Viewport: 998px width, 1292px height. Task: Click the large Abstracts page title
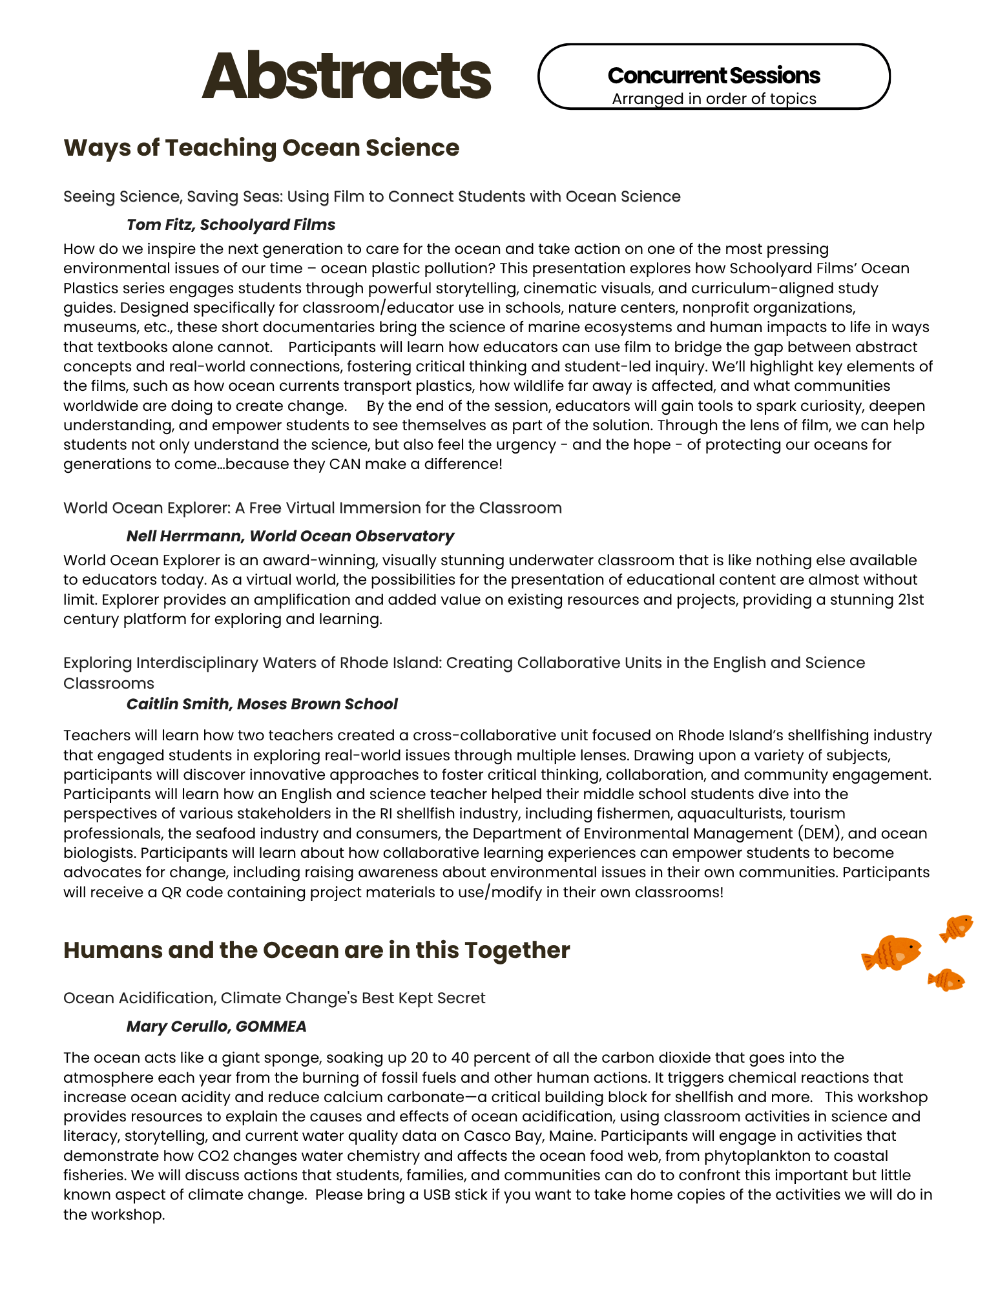tap(346, 76)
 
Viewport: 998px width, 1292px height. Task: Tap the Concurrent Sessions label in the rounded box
tap(714, 76)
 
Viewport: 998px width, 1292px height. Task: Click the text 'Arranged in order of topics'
tap(714, 99)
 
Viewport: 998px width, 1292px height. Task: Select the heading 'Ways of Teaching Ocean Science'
tap(261, 148)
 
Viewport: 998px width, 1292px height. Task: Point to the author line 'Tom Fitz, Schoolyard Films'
tap(231, 225)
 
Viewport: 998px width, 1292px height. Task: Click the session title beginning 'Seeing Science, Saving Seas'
tap(371, 196)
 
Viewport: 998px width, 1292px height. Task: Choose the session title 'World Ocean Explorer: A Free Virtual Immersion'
tap(312, 508)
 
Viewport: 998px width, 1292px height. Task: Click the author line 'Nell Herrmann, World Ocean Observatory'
tap(290, 536)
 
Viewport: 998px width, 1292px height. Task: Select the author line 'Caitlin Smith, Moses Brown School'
tap(262, 704)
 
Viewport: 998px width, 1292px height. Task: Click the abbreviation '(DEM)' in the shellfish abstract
tap(820, 833)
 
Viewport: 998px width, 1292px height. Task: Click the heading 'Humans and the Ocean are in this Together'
tap(317, 950)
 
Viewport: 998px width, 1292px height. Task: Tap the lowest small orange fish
tap(946, 980)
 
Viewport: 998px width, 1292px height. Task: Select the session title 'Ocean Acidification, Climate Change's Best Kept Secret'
tap(274, 998)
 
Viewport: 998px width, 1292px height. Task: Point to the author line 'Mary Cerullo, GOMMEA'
tap(216, 1026)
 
